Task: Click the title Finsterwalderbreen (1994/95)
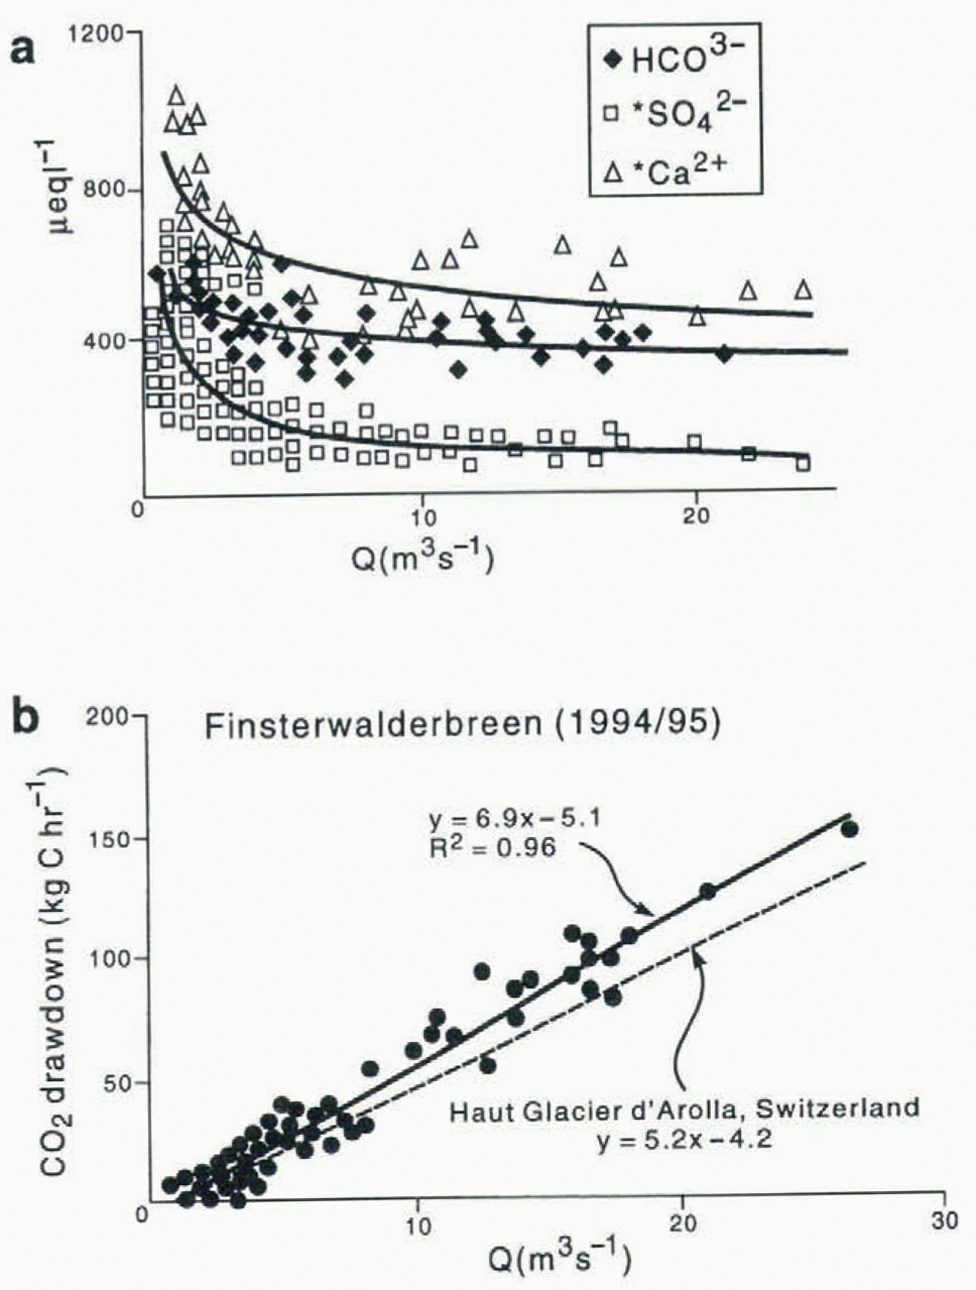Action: (x=462, y=724)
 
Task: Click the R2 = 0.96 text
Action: (x=493, y=847)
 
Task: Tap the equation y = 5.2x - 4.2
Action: (x=684, y=1141)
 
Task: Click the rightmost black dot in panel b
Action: (x=849, y=829)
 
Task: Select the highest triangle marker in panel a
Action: (x=176, y=94)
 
